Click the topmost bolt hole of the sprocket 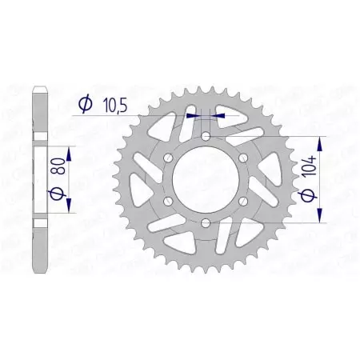click(x=206, y=138)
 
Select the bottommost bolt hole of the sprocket click(x=206, y=222)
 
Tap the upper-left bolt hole click(x=170, y=159)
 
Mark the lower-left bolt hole click(x=170, y=201)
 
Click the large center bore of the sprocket click(x=206, y=180)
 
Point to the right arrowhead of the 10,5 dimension click(x=220, y=114)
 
